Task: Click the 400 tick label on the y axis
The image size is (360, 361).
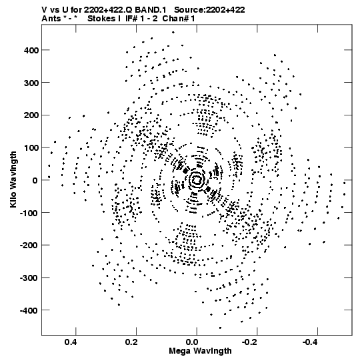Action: coord(31,50)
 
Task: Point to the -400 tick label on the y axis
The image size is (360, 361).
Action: coord(29,310)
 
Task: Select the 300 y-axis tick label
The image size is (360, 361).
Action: coord(31,83)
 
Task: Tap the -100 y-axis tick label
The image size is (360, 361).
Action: coord(29,213)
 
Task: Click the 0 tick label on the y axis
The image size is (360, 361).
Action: coord(35,180)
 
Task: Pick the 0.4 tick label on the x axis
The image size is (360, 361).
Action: coord(71,342)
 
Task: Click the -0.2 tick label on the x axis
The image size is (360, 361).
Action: coord(249,342)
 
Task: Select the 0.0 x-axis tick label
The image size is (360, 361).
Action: coord(192,342)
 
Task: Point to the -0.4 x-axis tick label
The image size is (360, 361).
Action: coord(310,342)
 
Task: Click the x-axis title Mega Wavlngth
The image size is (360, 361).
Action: coord(200,351)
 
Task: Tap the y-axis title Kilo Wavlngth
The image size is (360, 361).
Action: coord(13,179)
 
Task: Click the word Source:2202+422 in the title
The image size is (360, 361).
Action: coord(209,10)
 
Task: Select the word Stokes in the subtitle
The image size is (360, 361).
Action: coord(102,19)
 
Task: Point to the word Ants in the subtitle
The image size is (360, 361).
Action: coord(51,19)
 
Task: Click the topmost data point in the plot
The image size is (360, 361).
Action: coord(173,33)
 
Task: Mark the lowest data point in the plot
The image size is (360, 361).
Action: coord(220,328)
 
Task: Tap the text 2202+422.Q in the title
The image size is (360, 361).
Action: coord(108,10)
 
